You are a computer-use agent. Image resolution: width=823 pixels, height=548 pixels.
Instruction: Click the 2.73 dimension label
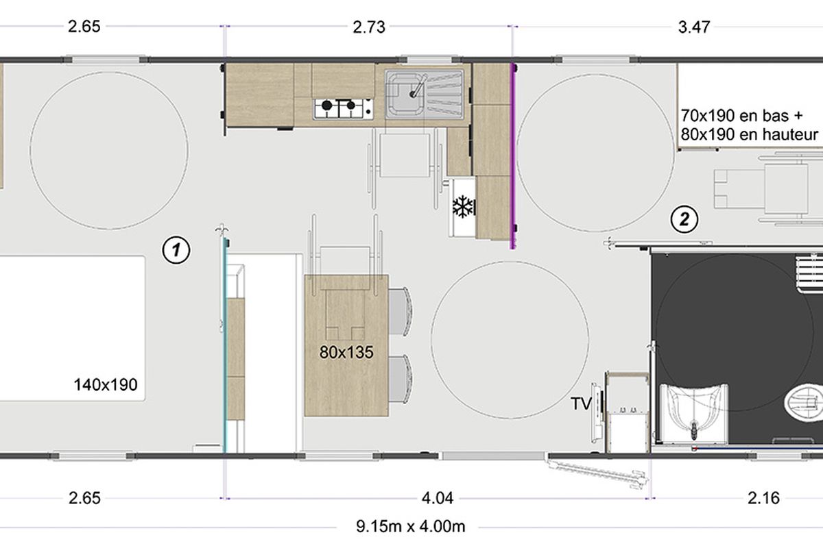pos(369,27)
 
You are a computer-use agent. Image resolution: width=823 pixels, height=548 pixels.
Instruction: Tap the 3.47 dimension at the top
pos(694,27)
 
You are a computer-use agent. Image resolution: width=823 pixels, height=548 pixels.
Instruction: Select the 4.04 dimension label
pos(438,499)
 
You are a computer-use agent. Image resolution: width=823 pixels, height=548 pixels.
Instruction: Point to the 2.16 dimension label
pos(763,499)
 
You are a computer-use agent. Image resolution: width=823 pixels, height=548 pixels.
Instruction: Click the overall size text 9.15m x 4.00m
pos(410,526)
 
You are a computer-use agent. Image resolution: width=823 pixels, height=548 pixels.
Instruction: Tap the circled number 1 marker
pos(176,250)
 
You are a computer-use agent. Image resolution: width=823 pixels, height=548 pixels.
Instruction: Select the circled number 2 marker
pos(684,219)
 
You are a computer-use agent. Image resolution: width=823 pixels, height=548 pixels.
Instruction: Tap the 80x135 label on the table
pos(346,352)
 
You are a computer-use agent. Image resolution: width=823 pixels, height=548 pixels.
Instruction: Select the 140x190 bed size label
pos(106,385)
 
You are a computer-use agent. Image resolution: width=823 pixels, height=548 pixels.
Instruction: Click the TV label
pos(581,403)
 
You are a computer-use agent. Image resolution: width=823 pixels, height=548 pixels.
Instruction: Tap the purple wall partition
pos(513,156)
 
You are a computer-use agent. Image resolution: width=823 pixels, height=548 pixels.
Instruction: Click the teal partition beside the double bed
pos(225,345)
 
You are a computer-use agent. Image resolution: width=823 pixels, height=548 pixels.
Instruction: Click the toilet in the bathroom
pos(804,403)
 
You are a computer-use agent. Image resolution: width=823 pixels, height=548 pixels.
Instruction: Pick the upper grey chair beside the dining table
pos(400,311)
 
